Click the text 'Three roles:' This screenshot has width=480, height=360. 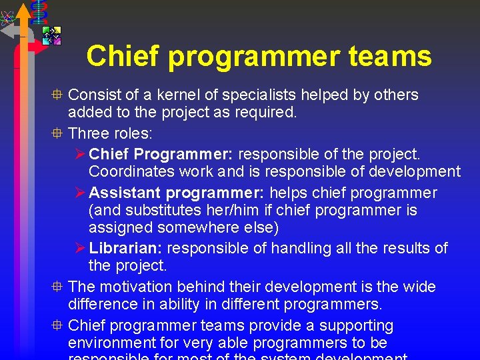pyautogui.click(x=111, y=132)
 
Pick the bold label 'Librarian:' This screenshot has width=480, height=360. pyautogui.click(x=125, y=248)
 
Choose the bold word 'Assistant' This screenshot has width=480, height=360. pyautogui.click(x=125, y=193)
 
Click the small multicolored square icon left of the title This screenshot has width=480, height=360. pyautogui.click(x=51, y=35)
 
